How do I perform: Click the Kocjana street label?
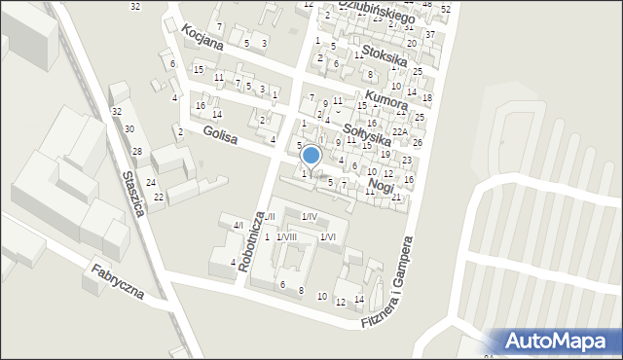[202, 37]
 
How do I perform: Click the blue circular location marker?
[311, 155]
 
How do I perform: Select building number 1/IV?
[309, 216]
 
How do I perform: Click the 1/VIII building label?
[286, 236]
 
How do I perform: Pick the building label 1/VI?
[328, 236]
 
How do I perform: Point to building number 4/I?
[238, 226]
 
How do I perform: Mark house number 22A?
[398, 131]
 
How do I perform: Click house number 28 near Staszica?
[137, 151]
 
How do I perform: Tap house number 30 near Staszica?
[128, 129]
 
